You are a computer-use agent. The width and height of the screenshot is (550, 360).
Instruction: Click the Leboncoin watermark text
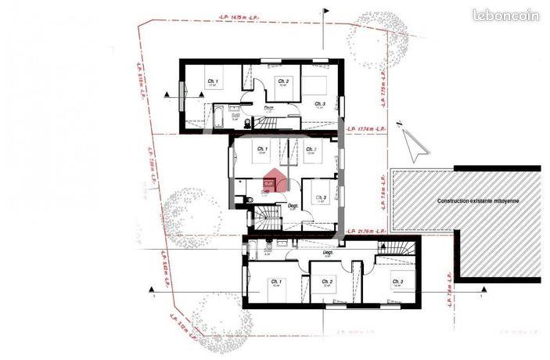pyautogui.click(x=505, y=15)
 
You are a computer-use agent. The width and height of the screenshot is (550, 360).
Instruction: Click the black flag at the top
pyautogui.click(x=325, y=13)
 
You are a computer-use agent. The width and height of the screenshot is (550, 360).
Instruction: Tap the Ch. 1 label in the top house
pyautogui.click(x=212, y=81)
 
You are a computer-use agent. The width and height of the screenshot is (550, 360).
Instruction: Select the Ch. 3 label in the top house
pyautogui.click(x=319, y=103)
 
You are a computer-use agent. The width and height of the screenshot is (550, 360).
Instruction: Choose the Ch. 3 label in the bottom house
pyautogui.click(x=397, y=282)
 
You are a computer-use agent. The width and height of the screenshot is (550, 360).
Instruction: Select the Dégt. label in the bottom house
pyautogui.click(x=329, y=254)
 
